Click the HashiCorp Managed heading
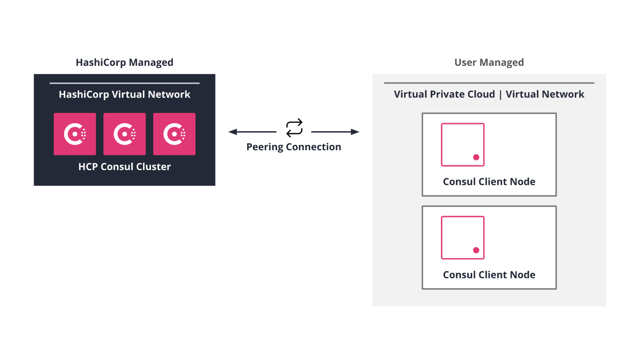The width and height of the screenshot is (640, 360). pyautogui.click(x=124, y=62)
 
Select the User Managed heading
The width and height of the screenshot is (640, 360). pyautogui.click(x=489, y=62)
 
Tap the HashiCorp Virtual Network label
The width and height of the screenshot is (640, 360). pyautogui.click(x=124, y=94)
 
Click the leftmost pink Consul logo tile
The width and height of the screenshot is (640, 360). pyautogui.click(x=75, y=134)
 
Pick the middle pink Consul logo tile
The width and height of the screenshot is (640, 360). pyautogui.click(x=124, y=134)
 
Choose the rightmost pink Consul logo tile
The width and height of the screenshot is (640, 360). pyautogui.click(x=174, y=134)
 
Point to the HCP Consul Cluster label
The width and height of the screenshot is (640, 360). pyautogui.click(x=124, y=166)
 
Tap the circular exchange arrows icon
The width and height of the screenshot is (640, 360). pyautogui.click(x=294, y=128)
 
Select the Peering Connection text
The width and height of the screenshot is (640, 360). pyautogui.click(x=294, y=147)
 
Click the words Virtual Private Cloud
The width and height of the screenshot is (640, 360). pyautogui.click(x=444, y=94)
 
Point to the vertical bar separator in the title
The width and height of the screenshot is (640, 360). pyautogui.click(x=500, y=95)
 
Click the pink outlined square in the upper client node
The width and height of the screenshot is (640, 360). pyautogui.click(x=462, y=144)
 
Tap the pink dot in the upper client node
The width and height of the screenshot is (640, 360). pyautogui.click(x=476, y=157)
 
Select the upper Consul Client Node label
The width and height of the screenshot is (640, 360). pyautogui.click(x=489, y=181)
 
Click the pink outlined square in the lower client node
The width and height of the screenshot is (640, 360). pyautogui.click(x=462, y=237)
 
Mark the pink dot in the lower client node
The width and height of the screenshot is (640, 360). pyautogui.click(x=476, y=250)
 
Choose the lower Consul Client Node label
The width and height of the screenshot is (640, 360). pyautogui.click(x=489, y=275)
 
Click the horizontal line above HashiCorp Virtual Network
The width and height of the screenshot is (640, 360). pyautogui.click(x=124, y=83)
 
